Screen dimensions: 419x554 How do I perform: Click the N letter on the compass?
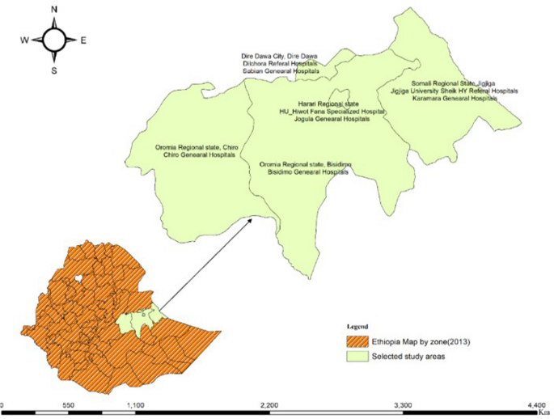tap(54, 10)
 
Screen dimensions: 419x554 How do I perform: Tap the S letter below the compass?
tap(54, 70)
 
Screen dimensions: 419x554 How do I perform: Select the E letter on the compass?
tap(84, 40)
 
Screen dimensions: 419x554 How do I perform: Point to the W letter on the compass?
tap(24, 40)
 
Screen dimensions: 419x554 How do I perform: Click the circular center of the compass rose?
tap(54, 39)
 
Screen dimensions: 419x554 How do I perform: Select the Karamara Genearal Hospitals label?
tap(454, 98)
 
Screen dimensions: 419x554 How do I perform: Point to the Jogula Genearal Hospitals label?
tap(329, 119)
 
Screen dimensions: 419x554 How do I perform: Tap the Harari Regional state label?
tap(329, 104)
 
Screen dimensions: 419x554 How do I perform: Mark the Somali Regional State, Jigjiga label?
tap(453, 83)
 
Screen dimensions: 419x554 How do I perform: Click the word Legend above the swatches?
tap(359, 326)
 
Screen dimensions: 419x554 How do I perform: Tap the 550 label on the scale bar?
tap(69, 403)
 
